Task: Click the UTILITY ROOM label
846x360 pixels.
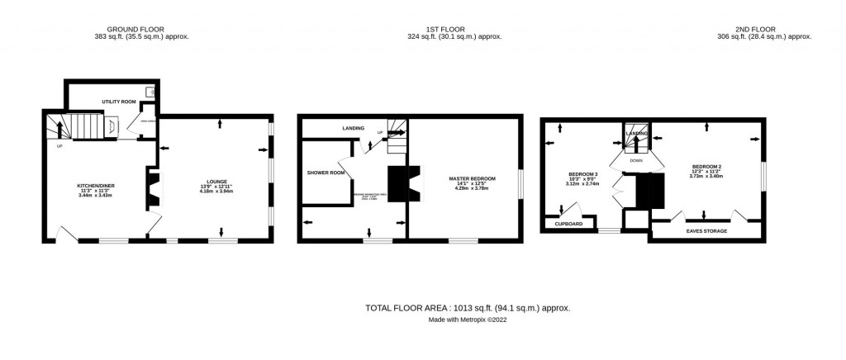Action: click(x=119, y=102)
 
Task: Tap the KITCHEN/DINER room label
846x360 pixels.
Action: click(x=93, y=186)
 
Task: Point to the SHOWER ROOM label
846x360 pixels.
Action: click(x=325, y=173)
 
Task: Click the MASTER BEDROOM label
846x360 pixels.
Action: click(x=472, y=178)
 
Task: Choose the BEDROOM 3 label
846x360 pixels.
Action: click(x=577, y=174)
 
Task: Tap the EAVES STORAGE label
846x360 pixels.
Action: click(x=708, y=231)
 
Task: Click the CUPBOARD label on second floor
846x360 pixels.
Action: click(x=568, y=224)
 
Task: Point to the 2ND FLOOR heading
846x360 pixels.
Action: click(x=764, y=27)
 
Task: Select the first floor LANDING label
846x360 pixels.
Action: click(x=354, y=129)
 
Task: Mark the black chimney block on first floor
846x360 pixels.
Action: click(x=400, y=183)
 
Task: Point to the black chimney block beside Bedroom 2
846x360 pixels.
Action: click(x=650, y=191)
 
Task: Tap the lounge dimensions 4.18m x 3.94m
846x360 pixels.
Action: click(x=217, y=192)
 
